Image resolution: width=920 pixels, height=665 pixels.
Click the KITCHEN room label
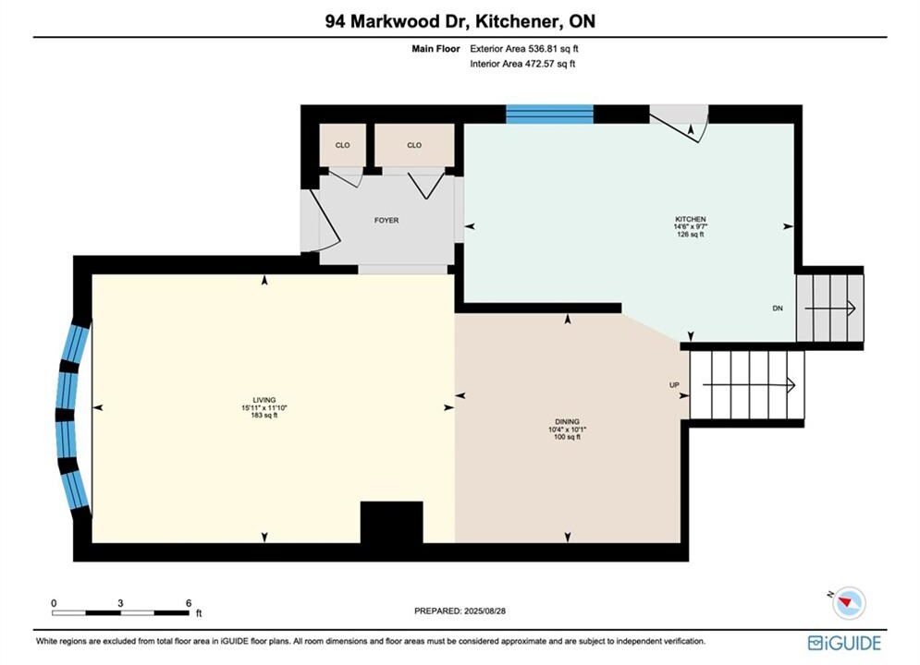pos(690,219)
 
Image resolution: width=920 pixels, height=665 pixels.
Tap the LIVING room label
pos(264,400)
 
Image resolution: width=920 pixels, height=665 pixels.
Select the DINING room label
pos(568,421)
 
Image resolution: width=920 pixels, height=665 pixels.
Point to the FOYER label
pos(386,221)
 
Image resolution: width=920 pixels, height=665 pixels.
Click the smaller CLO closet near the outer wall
pos(343,145)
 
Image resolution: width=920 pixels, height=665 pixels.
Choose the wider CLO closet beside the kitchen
pos(414,145)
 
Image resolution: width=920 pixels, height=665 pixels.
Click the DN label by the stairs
pos(778,308)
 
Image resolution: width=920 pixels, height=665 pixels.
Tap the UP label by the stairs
pos(674,385)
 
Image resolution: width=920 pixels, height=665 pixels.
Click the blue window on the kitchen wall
pos(550,115)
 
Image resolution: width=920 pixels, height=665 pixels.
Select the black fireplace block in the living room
pos(391,522)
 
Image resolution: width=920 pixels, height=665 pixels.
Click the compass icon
pos(849,603)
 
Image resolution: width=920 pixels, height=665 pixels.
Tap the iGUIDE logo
pos(844,643)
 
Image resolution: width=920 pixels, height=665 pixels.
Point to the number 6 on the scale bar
pos(189,603)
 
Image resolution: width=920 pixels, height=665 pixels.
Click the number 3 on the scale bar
pos(120,603)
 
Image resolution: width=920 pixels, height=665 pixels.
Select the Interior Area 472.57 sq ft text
pos(522,64)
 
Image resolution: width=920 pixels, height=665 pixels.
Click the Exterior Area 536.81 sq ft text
pos(524,49)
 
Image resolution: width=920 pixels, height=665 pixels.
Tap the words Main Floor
pos(435,49)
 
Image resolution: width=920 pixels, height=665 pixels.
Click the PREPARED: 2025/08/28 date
pos(460,611)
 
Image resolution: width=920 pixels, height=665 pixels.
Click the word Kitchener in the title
pos(516,21)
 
